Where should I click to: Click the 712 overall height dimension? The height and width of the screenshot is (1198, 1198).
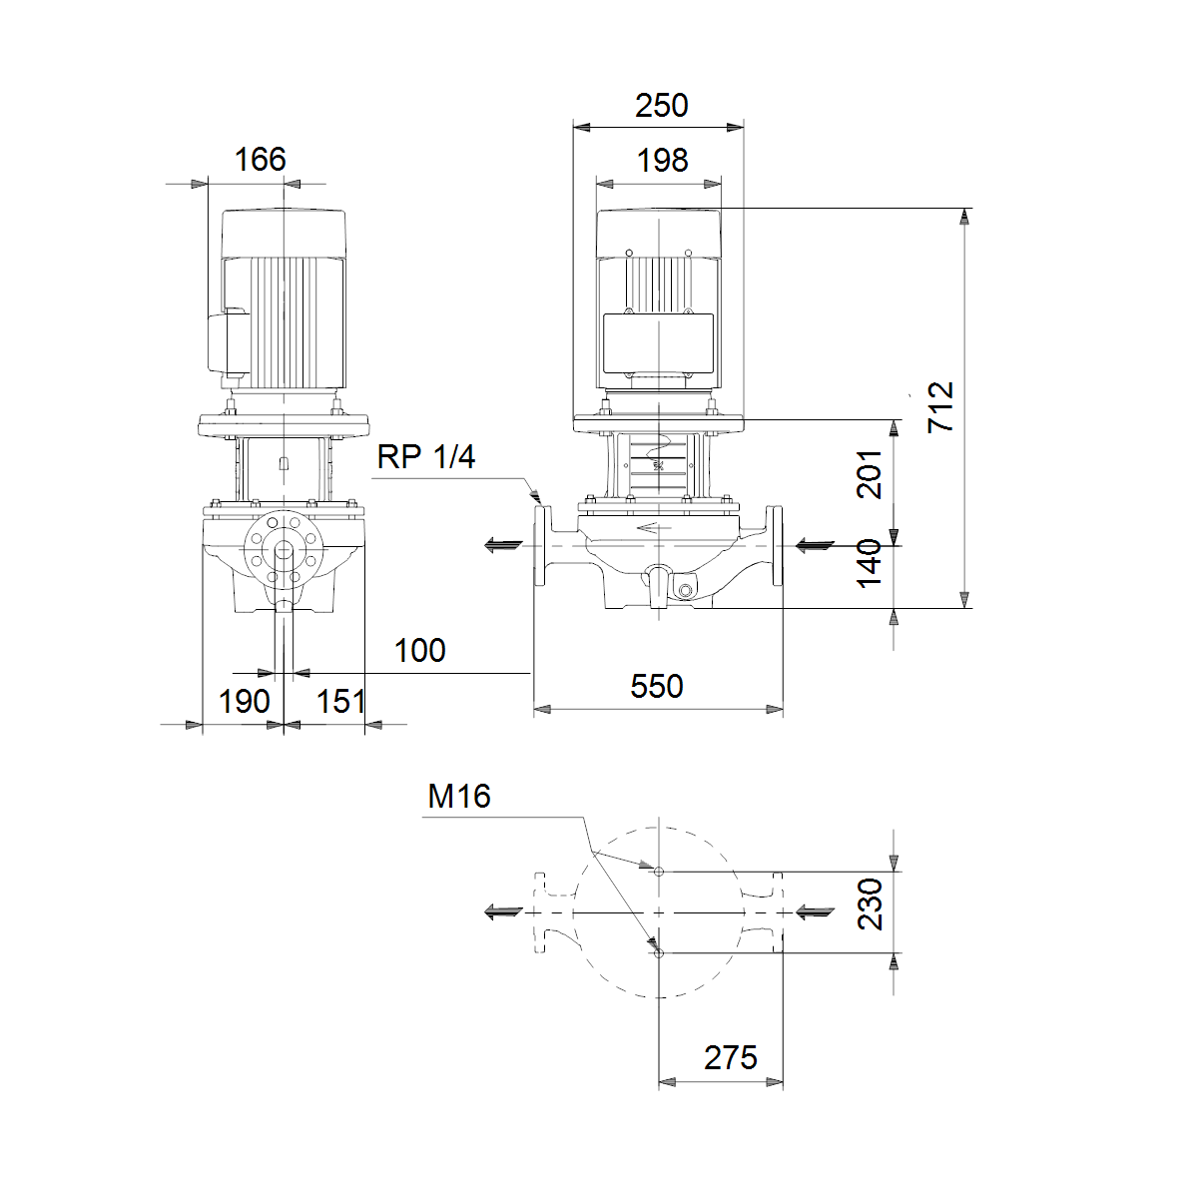940,407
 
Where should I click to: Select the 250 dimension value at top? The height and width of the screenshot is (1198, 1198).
662,106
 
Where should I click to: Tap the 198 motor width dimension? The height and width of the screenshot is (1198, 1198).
663,161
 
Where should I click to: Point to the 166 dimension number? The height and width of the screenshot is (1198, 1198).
260,159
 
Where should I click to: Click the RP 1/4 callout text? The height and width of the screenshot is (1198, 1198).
426,457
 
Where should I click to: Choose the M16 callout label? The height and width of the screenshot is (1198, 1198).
459,797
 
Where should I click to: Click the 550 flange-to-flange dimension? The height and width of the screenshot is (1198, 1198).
657,686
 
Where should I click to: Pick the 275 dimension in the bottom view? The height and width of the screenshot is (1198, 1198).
731,1057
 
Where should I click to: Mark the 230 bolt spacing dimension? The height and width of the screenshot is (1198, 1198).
870,903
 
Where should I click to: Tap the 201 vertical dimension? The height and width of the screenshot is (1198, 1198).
870,474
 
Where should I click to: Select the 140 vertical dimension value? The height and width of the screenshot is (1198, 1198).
870,563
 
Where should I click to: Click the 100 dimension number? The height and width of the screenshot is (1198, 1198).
420,650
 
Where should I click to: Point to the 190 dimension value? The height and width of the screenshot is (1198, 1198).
245,701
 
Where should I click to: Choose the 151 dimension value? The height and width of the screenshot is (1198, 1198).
340,701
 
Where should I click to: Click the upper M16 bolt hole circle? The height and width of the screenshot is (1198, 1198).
659,872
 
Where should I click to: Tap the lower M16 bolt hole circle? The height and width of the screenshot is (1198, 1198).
659,953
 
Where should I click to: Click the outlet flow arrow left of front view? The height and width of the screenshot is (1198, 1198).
503,546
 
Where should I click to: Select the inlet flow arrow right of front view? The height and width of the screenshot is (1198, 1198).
815,546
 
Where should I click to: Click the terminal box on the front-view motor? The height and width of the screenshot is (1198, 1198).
658,343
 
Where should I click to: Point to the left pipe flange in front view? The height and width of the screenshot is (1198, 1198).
540,546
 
